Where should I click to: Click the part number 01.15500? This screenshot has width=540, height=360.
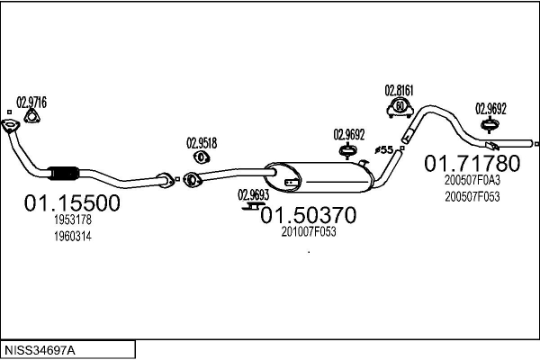(72, 203)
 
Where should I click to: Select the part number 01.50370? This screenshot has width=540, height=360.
(308, 215)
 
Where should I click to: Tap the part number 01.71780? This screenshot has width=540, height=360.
(472, 164)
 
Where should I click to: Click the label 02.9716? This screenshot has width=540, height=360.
(31, 103)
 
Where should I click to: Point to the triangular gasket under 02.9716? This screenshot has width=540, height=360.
(32, 116)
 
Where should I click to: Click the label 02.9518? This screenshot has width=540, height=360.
(202, 143)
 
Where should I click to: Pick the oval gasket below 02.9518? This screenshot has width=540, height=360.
(202, 157)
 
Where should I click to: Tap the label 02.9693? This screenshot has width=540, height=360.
(254, 195)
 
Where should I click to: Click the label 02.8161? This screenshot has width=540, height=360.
(399, 91)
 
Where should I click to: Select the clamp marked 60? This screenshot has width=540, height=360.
(400, 107)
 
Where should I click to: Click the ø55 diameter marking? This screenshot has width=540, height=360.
(384, 150)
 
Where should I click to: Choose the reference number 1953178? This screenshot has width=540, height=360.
(73, 220)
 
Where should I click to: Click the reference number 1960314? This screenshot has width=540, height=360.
(73, 237)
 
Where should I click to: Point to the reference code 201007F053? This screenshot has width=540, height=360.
(309, 232)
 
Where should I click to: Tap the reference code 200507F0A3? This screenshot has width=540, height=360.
(472, 180)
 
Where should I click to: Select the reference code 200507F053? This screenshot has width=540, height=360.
(472, 197)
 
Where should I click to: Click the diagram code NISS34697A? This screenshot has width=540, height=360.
(40, 351)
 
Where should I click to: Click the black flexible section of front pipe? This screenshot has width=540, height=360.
(63, 174)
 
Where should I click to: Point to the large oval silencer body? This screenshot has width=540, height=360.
(319, 177)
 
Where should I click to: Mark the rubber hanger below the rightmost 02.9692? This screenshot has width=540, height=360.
(490, 125)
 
